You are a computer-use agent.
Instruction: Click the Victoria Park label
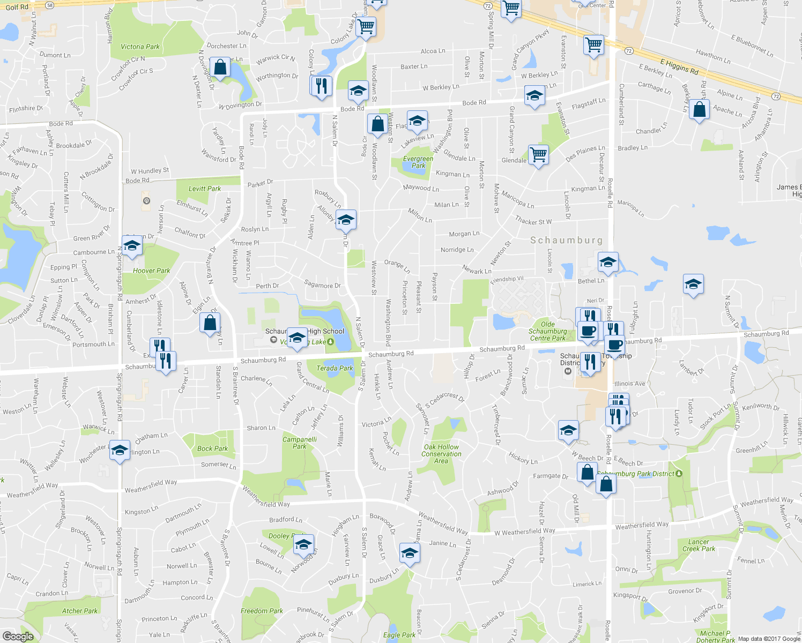(140, 47)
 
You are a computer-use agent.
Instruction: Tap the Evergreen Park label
(418, 162)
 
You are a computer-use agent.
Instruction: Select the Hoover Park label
(151, 271)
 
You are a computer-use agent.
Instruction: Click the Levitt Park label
(205, 189)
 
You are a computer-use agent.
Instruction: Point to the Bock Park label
(212, 448)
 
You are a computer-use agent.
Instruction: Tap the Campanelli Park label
(300, 443)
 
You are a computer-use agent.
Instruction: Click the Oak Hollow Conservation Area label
(441, 454)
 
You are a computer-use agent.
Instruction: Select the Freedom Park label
(262, 611)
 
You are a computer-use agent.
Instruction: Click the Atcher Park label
(80, 611)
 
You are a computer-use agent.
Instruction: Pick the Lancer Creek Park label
(699, 545)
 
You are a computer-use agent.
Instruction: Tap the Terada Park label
(335, 368)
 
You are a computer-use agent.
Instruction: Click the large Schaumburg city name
(566, 241)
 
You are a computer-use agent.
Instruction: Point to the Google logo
(18, 637)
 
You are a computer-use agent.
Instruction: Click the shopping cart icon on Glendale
(538, 155)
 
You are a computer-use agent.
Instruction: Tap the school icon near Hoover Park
(132, 246)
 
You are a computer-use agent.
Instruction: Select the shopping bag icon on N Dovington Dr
(220, 68)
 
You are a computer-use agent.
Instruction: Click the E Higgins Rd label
(679, 67)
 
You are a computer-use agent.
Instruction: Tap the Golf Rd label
(17, 7)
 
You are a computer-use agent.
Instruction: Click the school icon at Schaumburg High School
(296, 338)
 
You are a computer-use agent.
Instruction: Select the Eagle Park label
(399, 635)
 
